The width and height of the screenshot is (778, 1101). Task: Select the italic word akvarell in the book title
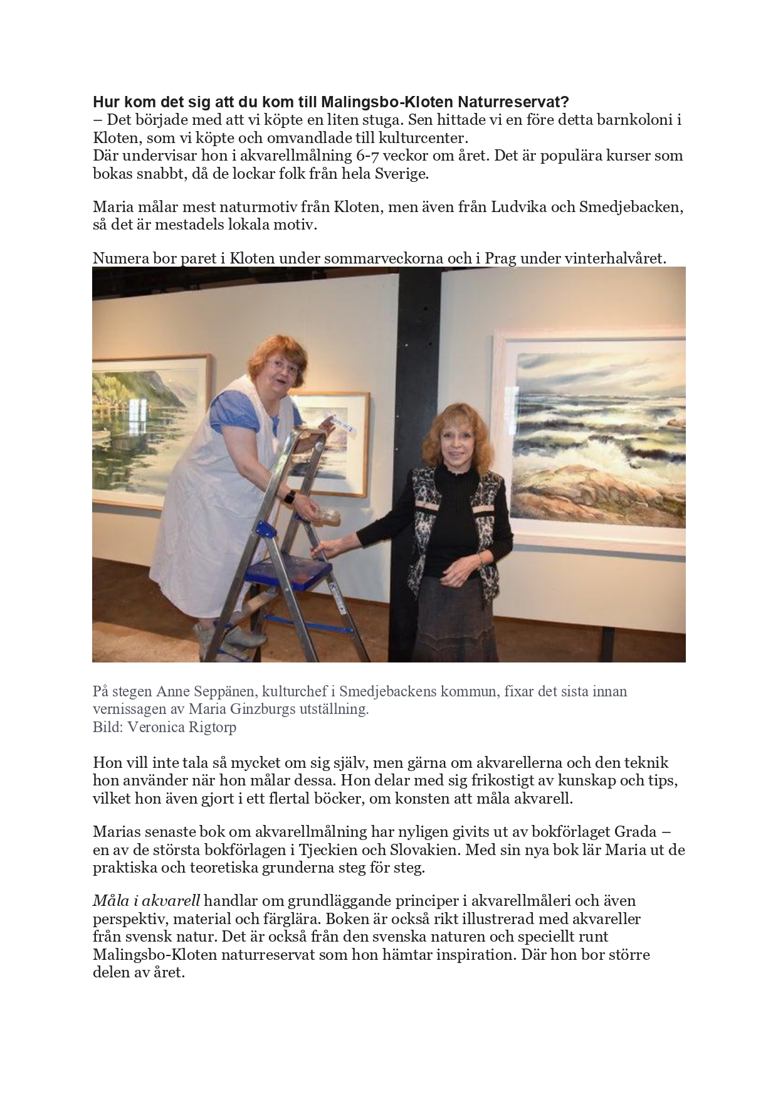[171, 901]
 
